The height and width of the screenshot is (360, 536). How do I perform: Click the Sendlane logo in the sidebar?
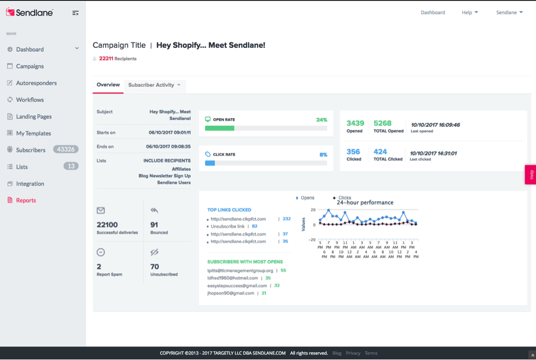[29, 13]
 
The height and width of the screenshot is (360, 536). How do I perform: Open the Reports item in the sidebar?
[26, 201]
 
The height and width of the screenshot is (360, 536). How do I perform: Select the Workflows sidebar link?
[30, 100]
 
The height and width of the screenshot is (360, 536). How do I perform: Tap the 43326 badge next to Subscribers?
[65, 149]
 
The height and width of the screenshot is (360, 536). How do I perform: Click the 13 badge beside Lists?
[71, 166]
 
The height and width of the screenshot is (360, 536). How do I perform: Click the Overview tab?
[108, 85]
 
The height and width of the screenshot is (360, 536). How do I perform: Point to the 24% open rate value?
[322, 120]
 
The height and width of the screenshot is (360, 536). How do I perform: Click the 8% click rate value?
[323, 154]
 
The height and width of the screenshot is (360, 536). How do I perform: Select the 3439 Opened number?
[355, 123]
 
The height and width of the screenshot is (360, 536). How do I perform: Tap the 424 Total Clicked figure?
[380, 152]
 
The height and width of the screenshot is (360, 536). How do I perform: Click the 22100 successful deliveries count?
[107, 225]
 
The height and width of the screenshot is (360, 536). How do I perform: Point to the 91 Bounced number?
[154, 225]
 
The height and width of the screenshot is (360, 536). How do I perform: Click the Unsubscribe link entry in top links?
[228, 226]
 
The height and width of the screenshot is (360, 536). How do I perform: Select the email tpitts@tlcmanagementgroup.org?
[240, 270]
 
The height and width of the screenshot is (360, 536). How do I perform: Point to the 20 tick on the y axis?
[313, 209]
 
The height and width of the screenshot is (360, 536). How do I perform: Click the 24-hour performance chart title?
[364, 202]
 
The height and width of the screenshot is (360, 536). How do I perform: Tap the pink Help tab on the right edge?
[531, 175]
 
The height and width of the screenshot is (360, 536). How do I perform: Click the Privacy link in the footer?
[353, 353]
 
